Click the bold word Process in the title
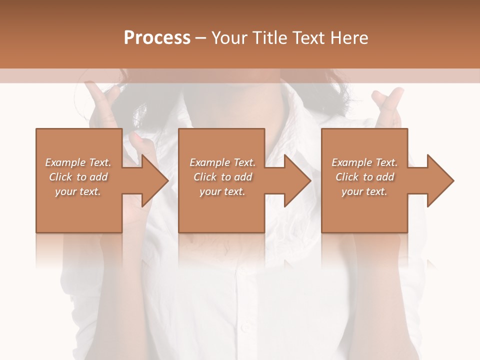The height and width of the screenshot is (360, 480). click(157, 38)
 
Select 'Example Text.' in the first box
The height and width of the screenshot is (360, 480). click(78, 162)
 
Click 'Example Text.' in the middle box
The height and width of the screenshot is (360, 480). click(222, 162)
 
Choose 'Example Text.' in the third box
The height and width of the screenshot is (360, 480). click(364, 162)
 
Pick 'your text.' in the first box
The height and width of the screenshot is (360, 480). click(78, 191)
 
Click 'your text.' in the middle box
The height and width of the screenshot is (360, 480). click(222, 191)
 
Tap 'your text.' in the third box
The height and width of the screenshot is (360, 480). click(364, 191)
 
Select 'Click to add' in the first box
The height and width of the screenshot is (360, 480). click(78, 177)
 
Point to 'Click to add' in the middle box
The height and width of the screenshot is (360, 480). click(222, 177)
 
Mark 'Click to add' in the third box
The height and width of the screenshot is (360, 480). click(364, 177)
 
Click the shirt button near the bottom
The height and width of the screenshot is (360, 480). click(245, 327)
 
